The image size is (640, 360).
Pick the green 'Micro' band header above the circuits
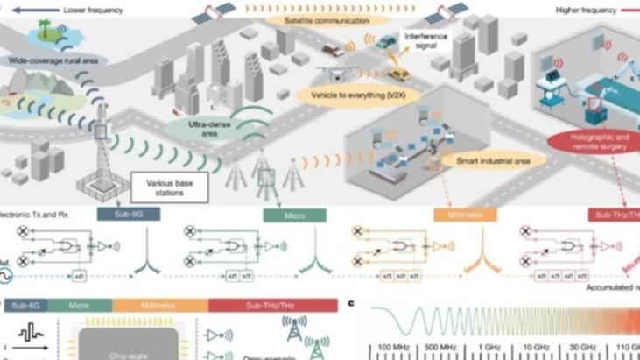294,215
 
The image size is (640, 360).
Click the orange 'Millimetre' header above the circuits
465,215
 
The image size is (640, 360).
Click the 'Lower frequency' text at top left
92,10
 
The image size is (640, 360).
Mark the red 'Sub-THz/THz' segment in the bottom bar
272,305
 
